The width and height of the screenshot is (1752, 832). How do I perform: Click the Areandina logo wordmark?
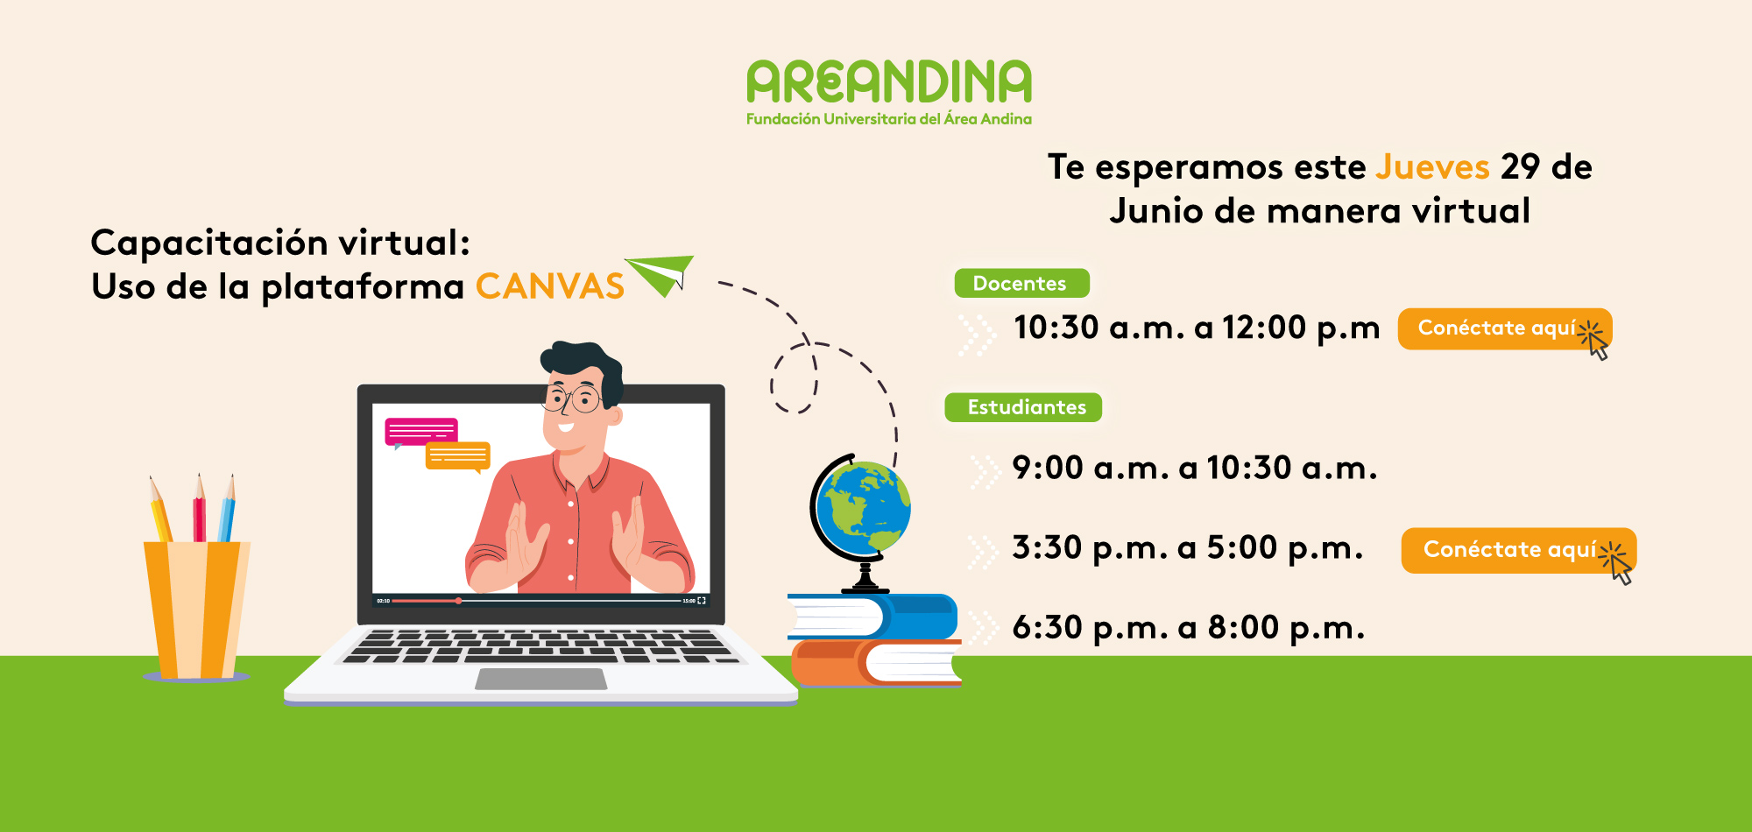889,81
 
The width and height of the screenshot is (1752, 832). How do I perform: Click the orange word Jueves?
1432,166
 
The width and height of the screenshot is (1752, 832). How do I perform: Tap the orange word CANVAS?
550,286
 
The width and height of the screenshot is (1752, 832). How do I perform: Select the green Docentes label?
1021,284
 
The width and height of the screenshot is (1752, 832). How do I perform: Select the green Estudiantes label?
1024,407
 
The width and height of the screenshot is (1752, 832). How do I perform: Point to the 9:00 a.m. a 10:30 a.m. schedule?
1195,468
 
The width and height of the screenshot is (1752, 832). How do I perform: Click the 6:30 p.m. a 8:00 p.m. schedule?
1189,627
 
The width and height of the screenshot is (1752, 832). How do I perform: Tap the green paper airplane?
660,275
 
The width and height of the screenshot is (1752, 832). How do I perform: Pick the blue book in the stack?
872,617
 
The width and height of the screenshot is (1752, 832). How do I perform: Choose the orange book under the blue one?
876,662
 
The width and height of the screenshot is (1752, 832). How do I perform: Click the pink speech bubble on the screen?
421,432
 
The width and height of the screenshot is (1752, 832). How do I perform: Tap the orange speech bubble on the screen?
457,456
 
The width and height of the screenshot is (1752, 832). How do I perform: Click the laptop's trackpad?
541,679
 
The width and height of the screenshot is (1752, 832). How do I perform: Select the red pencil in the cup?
200,510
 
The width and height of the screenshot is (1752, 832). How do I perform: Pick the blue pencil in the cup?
227,510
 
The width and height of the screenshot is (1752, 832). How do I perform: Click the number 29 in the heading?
1521,166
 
